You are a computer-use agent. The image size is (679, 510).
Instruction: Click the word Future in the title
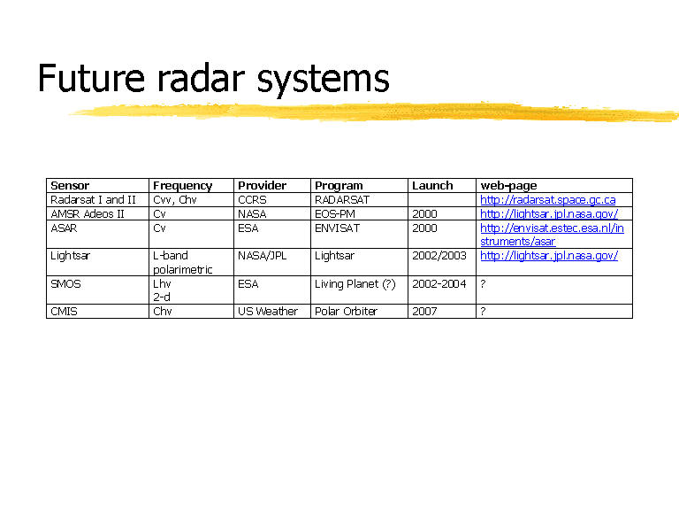click(91, 78)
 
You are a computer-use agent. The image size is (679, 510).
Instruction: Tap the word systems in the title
click(323, 81)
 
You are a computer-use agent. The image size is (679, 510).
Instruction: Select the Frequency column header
click(183, 186)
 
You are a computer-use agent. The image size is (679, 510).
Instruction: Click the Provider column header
click(262, 186)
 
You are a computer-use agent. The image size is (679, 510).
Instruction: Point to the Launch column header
click(432, 186)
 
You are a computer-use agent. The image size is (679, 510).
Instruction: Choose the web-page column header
click(508, 186)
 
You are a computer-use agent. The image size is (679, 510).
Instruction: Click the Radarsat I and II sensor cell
click(93, 200)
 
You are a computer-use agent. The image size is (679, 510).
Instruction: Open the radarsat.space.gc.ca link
click(548, 200)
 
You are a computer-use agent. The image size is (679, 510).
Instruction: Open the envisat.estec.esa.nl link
click(552, 235)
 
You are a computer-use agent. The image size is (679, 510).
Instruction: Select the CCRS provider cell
click(252, 200)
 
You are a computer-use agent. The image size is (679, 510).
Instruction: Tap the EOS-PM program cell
click(335, 214)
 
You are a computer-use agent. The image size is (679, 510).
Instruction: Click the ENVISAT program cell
click(337, 228)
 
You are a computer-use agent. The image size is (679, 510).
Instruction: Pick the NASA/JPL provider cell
click(262, 256)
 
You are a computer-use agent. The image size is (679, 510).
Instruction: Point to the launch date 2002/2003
click(439, 256)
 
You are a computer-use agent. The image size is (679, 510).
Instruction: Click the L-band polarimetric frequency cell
click(183, 263)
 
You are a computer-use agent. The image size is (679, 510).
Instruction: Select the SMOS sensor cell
click(65, 284)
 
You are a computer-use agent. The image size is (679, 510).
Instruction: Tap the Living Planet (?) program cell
click(355, 284)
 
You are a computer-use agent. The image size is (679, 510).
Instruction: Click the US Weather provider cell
click(268, 312)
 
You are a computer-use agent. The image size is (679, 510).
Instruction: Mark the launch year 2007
click(424, 312)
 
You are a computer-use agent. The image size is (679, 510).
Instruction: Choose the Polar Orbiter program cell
click(346, 312)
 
